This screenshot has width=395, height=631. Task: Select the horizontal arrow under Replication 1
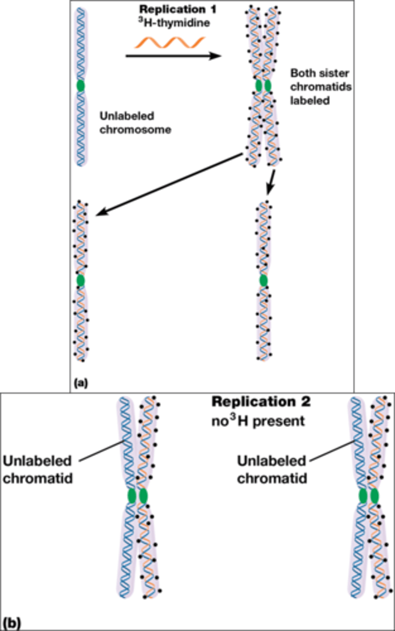(174, 55)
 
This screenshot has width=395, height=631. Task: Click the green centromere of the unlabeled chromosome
(80, 85)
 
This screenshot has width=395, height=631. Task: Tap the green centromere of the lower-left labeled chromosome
(80, 281)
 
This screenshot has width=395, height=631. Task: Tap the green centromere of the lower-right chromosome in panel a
(263, 281)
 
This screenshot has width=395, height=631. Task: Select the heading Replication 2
(261, 402)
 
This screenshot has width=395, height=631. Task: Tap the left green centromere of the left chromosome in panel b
(132, 495)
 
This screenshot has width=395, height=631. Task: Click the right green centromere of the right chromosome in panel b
(374, 495)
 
